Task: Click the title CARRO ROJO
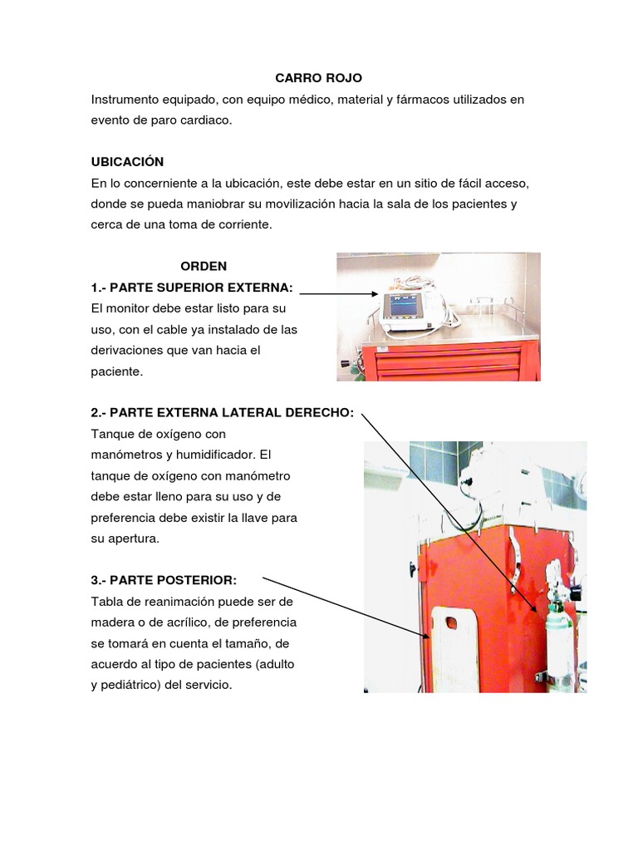pos(319,78)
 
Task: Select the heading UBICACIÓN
pos(127,161)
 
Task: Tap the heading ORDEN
pos(204,266)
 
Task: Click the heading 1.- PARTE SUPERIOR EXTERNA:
pos(192,288)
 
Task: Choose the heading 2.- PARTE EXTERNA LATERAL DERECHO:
pos(222,413)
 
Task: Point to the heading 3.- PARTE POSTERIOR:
pos(164,580)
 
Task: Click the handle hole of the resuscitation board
pos(453,623)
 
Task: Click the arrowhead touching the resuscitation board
pos(426,637)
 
